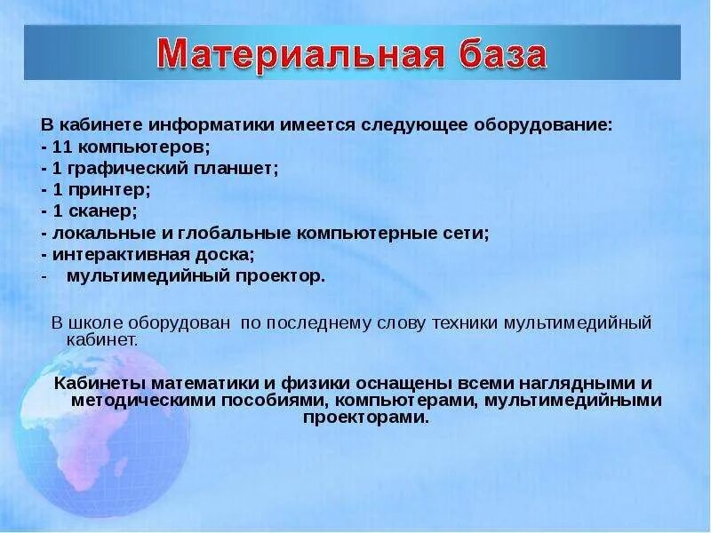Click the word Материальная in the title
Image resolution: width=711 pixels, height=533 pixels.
(300, 54)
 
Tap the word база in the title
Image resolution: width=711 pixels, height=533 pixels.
(502, 53)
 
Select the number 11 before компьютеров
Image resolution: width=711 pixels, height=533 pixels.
(61, 147)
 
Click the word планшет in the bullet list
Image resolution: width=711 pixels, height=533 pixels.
(236, 169)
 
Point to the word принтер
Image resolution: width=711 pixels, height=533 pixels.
(108, 190)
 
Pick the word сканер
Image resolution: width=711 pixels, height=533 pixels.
(101, 211)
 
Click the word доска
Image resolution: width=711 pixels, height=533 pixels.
(225, 255)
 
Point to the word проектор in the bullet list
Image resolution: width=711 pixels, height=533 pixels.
(280, 276)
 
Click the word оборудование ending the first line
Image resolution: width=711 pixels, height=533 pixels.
(543, 125)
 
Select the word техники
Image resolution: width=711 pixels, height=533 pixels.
(465, 323)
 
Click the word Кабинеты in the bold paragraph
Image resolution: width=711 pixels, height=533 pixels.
(100, 383)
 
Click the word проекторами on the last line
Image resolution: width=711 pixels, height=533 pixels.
(366, 418)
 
